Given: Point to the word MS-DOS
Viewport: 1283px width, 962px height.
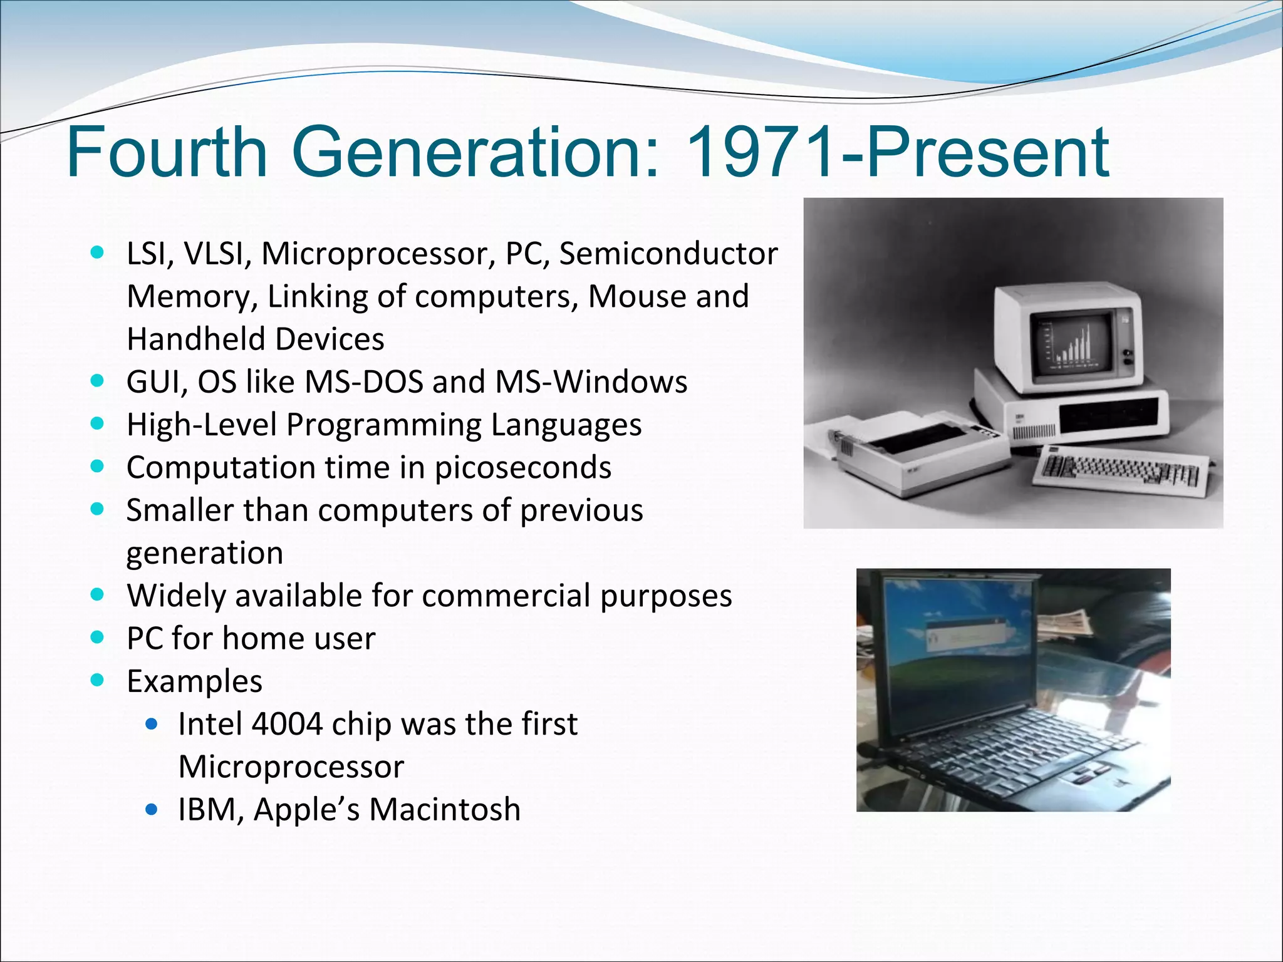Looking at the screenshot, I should [364, 382].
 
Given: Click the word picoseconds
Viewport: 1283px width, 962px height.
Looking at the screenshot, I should [522, 468].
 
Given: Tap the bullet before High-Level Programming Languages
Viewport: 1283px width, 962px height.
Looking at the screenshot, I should [97, 424].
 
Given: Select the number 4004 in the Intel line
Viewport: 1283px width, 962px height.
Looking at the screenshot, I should [286, 725].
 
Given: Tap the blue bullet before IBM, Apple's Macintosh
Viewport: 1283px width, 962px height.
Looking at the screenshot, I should [151, 810].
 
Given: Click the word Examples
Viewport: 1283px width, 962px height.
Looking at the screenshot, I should [194, 681].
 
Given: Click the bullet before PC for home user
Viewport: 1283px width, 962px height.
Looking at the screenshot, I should [97, 638].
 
